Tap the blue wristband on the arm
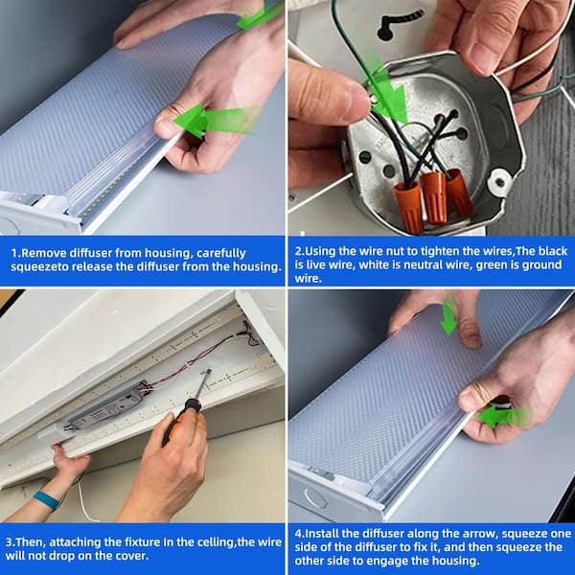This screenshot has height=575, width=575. (x=47, y=500)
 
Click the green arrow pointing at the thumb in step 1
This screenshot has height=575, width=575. (x=217, y=120)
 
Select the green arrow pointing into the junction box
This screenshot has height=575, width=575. (x=389, y=92)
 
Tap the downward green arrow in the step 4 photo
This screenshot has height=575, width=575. (x=448, y=317)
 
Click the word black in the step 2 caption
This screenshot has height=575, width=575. (x=553, y=251)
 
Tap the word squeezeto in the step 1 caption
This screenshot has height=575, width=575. (x=39, y=267)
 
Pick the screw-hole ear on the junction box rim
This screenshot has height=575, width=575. (x=499, y=181)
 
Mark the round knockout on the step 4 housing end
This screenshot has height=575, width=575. (x=316, y=499)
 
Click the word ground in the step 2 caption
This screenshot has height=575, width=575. (x=540, y=264)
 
